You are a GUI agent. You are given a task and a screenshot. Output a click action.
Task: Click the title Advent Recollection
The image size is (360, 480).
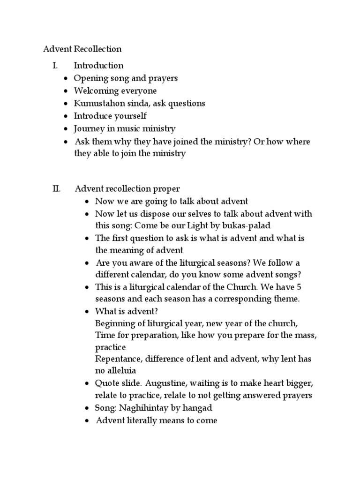click(x=82, y=49)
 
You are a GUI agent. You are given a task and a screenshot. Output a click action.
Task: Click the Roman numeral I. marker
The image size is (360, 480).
click(x=55, y=66)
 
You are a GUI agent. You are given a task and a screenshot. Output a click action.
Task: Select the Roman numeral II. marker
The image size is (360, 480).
click(x=56, y=189)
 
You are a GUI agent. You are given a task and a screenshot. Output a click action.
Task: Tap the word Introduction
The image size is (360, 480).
click(x=98, y=66)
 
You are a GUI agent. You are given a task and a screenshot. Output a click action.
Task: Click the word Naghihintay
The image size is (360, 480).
click(x=142, y=408)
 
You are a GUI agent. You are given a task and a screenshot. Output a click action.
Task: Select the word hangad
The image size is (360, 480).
click(x=192, y=408)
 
